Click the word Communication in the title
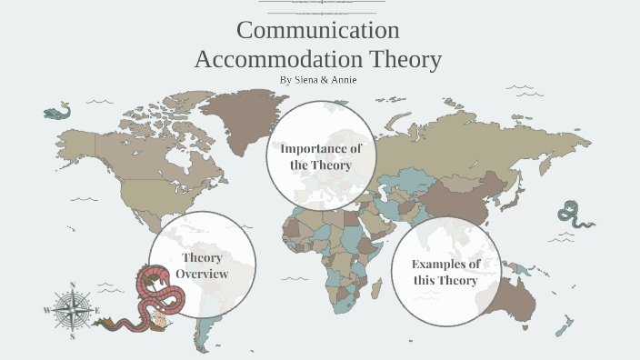coord(317,30)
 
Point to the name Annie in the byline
coord(345,80)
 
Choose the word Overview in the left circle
coord(202,274)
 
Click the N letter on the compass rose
coord(72,285)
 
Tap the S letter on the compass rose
coord(72,336)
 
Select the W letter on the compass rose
coord(45,310)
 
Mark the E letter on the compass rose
coord(97,310)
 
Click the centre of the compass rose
coord(72,310)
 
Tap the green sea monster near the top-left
coord(56,113)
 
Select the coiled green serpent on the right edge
coord(574,215)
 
